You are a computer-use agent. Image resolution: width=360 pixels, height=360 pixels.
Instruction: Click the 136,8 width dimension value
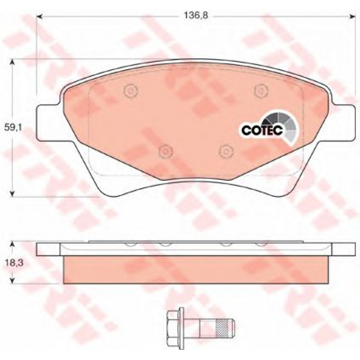[x=196, y=16]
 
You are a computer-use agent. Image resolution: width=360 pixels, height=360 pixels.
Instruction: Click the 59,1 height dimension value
[x=13, y=127]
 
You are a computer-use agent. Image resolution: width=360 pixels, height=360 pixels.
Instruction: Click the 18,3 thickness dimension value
[x=14, y=263]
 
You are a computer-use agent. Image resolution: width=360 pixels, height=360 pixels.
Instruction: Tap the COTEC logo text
[x=262, y=131]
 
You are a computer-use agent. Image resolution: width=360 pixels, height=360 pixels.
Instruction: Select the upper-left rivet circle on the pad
[x=131, y=90]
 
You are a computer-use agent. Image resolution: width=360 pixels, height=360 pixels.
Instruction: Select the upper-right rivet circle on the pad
[x=261, y=90]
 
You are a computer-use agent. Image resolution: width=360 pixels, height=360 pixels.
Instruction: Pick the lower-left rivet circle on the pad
[x=166, y=152]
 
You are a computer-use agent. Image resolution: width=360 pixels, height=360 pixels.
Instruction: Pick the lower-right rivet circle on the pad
[x=226, y=152]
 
